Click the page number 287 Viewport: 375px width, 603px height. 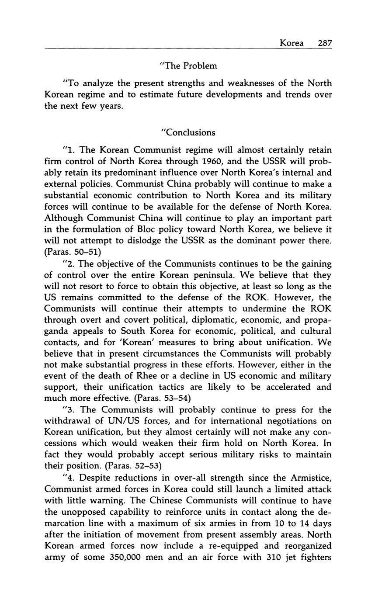point(325,43)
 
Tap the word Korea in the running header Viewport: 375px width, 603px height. point(292,43)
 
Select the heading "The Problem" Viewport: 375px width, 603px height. point(188,66)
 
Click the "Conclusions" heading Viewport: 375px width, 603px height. point(188,132)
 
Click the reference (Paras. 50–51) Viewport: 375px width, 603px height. point(73,252)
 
